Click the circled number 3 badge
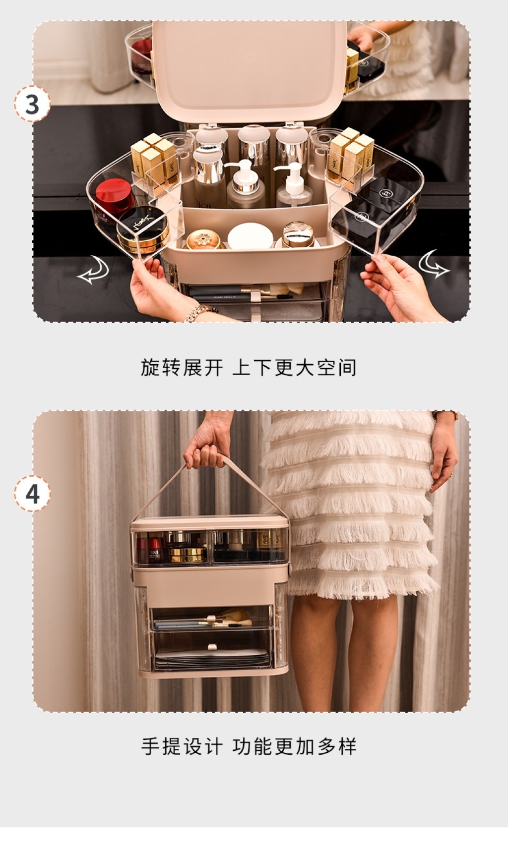[32, 104]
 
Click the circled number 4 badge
[32, 494]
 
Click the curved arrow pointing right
[434, 264]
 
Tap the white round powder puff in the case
[251, 235]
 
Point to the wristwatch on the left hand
[200, 312]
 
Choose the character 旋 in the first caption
[150, 367]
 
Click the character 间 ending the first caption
[347, 367]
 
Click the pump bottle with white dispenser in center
[246, 185]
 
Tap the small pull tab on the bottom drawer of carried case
[212, 647]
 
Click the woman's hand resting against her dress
[444, 452]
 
